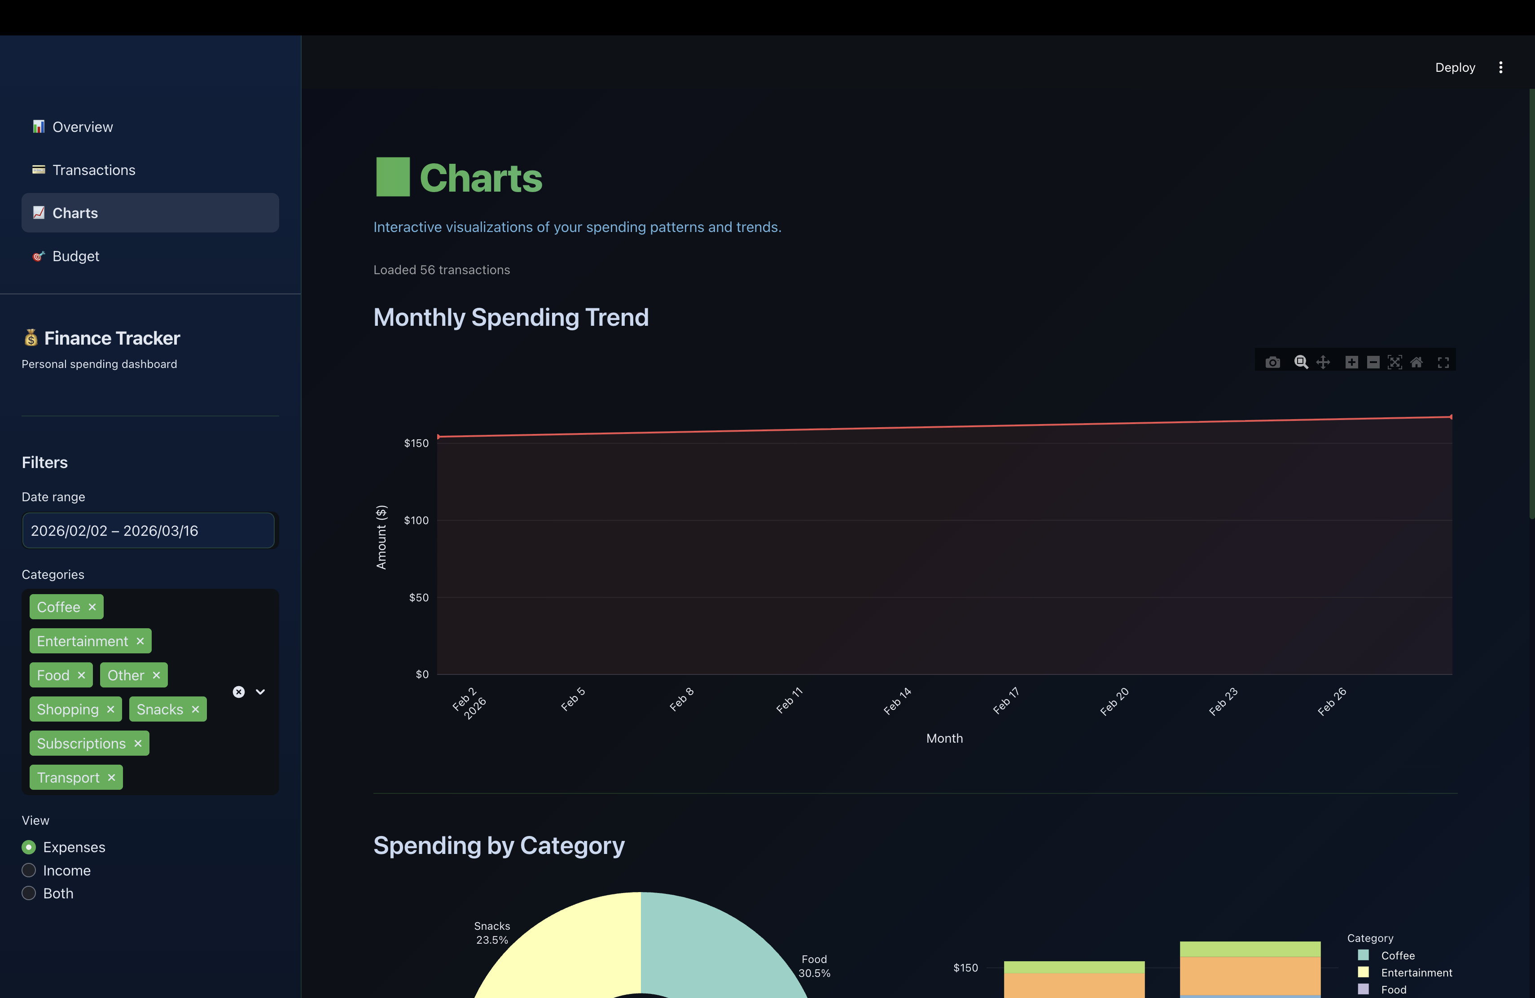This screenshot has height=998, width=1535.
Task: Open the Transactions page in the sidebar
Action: click(93, 170)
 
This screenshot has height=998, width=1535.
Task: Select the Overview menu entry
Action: click(83, 127)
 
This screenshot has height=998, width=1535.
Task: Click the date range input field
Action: click(149, 530)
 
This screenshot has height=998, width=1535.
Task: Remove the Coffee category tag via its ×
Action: click(92, 607)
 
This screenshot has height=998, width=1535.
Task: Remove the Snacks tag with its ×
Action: click(195, 709)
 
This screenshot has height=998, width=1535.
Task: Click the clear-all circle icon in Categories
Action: click(239, 692)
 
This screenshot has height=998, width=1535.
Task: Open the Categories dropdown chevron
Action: click(261, 692)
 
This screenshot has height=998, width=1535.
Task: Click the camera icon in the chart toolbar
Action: click(1272, 362)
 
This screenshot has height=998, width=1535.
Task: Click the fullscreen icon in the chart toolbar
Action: click(1443, 362)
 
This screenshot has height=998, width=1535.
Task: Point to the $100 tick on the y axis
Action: click(416, 520)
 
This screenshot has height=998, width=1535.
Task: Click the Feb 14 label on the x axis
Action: click(897, 701)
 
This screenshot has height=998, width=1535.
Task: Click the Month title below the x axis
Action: click(944, 738)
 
